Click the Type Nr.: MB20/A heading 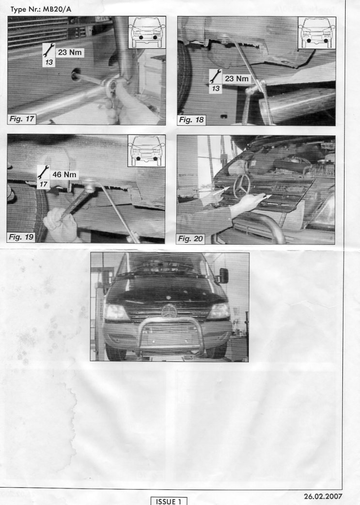click(x=41, y=9)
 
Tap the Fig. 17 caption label click(x=22, y=119)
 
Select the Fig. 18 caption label click(x=191, y=120)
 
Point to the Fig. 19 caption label click(x=21, y=237)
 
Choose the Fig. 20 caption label click(x=190, y=238)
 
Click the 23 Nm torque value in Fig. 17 click(x=70, y=52)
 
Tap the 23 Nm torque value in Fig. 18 click(x=236, y=78)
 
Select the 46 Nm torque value click(x=64, y=174)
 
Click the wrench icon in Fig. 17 click(x=48, y=50)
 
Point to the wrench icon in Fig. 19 click(x=43, y=173)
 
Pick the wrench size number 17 click(x=43, y=184)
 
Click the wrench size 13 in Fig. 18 click(x=216, y=88)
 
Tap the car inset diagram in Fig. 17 click(x=147, y=32)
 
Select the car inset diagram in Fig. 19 click(x=146, y=151)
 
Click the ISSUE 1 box click(x=169, y=501)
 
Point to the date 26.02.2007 click(x=323, y=496)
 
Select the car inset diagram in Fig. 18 click(x=317, y=33)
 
